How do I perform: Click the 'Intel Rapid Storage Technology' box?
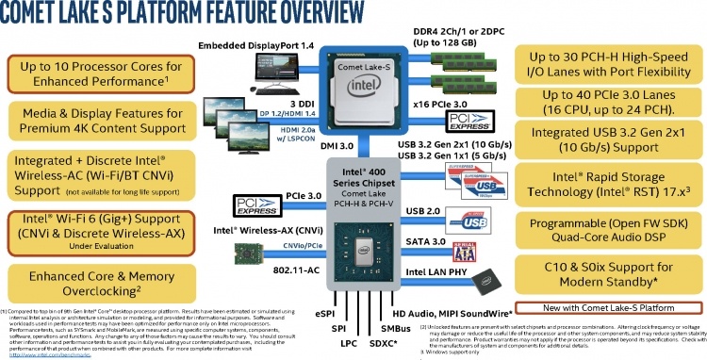click(613, 192)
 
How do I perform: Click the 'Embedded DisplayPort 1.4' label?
click(255, 46)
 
